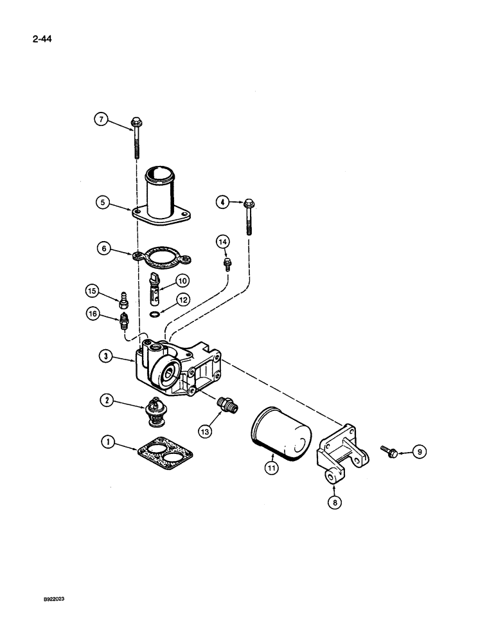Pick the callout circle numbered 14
click(x=223, y=242)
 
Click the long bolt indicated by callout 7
click(x=137, y=138)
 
